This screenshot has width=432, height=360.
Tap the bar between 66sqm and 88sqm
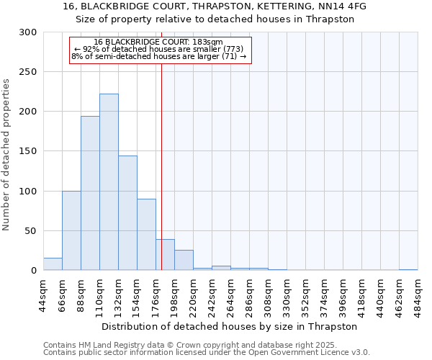click(x=71, y=230)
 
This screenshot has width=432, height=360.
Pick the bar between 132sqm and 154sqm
click(x=127, y=213)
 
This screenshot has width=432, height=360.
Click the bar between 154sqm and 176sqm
click(x=146, y=234)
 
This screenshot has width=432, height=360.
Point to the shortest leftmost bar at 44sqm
click(x=53, y=264)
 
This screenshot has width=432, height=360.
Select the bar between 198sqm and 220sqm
click(x=184, y=260)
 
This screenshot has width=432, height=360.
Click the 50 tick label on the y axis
click(x=31, y=231)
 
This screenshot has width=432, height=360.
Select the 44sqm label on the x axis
click(x=44, y=294)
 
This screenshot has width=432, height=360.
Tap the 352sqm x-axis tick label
click(x=306, y=294)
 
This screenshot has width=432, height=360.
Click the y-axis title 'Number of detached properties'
click(x=6, y=155)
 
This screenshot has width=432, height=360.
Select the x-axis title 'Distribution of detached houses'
click(x=229, y=326)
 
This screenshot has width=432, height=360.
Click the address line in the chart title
click(x=215, y=6)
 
